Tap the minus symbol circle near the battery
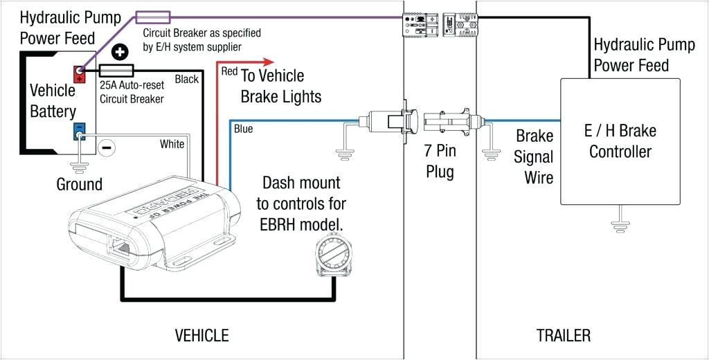(107, 146)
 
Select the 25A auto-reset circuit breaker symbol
(117, 71)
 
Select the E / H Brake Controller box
(620, 141)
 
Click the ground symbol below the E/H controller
(620, 224)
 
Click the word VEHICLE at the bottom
(201, 336)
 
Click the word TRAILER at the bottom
(564, 336)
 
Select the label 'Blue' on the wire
(243, 129)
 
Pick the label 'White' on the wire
(172, 144)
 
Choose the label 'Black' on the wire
(186, 79)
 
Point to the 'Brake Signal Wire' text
(534, 156)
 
